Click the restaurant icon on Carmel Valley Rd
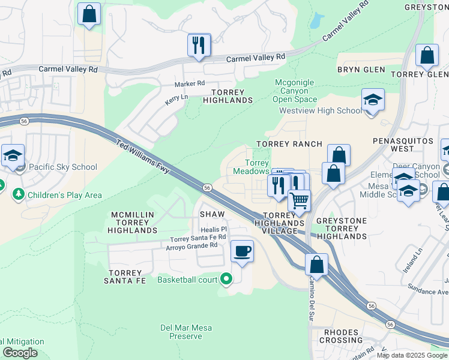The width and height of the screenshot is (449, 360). click(x=199, y=45)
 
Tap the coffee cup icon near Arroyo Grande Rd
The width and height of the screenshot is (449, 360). click(x=242, y=251)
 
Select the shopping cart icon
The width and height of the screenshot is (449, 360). click(x=299, y=200)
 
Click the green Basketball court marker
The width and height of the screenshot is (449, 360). click(x=226, y=279)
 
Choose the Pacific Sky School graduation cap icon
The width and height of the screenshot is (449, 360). click(x=13, y=155)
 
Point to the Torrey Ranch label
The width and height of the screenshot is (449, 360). click(x=289, y=144)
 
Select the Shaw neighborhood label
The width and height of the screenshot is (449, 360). click(x=212, y=214)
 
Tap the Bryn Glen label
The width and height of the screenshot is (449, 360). click(x=361, y=70)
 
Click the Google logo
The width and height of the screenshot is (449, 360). click(x=19, y=353)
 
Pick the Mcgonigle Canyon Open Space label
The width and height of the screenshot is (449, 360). click(x=295, y=91)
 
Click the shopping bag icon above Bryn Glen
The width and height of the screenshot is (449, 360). click(x=427, y=56)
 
